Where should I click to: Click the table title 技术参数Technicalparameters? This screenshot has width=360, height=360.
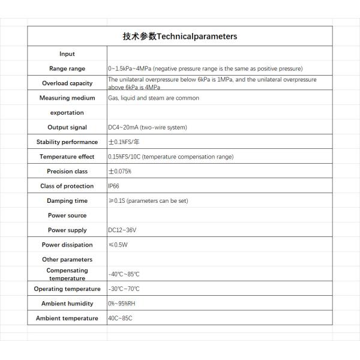180,36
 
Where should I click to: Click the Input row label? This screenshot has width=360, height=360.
67,54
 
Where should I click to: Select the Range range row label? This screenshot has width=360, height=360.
67,68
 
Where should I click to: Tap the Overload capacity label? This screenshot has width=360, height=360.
67,83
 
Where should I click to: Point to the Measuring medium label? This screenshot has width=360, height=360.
67,98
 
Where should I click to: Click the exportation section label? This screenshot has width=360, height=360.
67,113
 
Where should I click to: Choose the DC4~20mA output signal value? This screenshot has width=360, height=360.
147,127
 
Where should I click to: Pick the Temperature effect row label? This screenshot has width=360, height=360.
67,157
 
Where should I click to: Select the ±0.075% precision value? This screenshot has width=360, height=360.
120,172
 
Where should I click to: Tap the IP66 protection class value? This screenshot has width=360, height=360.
113,186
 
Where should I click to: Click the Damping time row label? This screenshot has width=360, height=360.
67,201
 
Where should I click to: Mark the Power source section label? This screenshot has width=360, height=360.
67,215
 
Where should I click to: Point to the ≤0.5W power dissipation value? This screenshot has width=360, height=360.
118,245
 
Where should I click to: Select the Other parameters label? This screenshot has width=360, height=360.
67,260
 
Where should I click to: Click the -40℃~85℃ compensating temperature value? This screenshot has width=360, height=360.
124,274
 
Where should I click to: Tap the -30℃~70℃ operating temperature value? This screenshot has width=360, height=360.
124,289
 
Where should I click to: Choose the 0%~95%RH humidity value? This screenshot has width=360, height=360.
122,304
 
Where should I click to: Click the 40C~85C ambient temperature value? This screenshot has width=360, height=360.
120,319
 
